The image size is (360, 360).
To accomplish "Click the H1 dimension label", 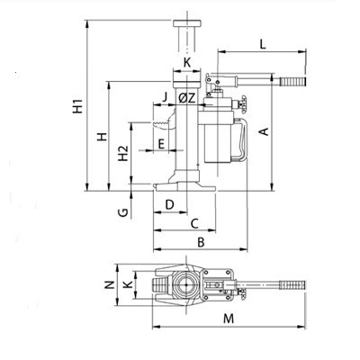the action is pos(77,106).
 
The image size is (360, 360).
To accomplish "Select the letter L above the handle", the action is pos(263,44).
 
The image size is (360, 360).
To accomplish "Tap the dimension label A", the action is pos(264,131).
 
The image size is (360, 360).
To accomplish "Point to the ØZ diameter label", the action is pos(187,98).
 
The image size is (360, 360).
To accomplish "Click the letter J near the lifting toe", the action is pos(165,97).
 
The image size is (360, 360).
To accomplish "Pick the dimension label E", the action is pos(161,144).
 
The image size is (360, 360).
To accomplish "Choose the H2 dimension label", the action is pos(122,153).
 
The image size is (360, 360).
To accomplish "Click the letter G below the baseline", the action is pos(123,212).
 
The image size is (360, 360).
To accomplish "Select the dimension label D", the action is pos(170,204).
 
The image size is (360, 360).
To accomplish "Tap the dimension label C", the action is pos(194,223).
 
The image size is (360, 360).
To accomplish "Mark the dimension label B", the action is pos(201,242).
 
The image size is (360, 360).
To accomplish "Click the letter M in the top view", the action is pos(229,319).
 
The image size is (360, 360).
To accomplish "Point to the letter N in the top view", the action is pos(110,284).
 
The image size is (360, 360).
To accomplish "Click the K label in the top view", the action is pos(129,284).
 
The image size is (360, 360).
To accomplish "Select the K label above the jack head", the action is pos(187,63).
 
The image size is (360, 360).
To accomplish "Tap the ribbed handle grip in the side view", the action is pos(293,81).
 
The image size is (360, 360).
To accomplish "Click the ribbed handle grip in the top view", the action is pos(292,285).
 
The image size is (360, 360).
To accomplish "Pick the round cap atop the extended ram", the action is pos(187,23).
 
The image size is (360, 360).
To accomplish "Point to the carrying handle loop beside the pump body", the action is pos(243,139).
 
